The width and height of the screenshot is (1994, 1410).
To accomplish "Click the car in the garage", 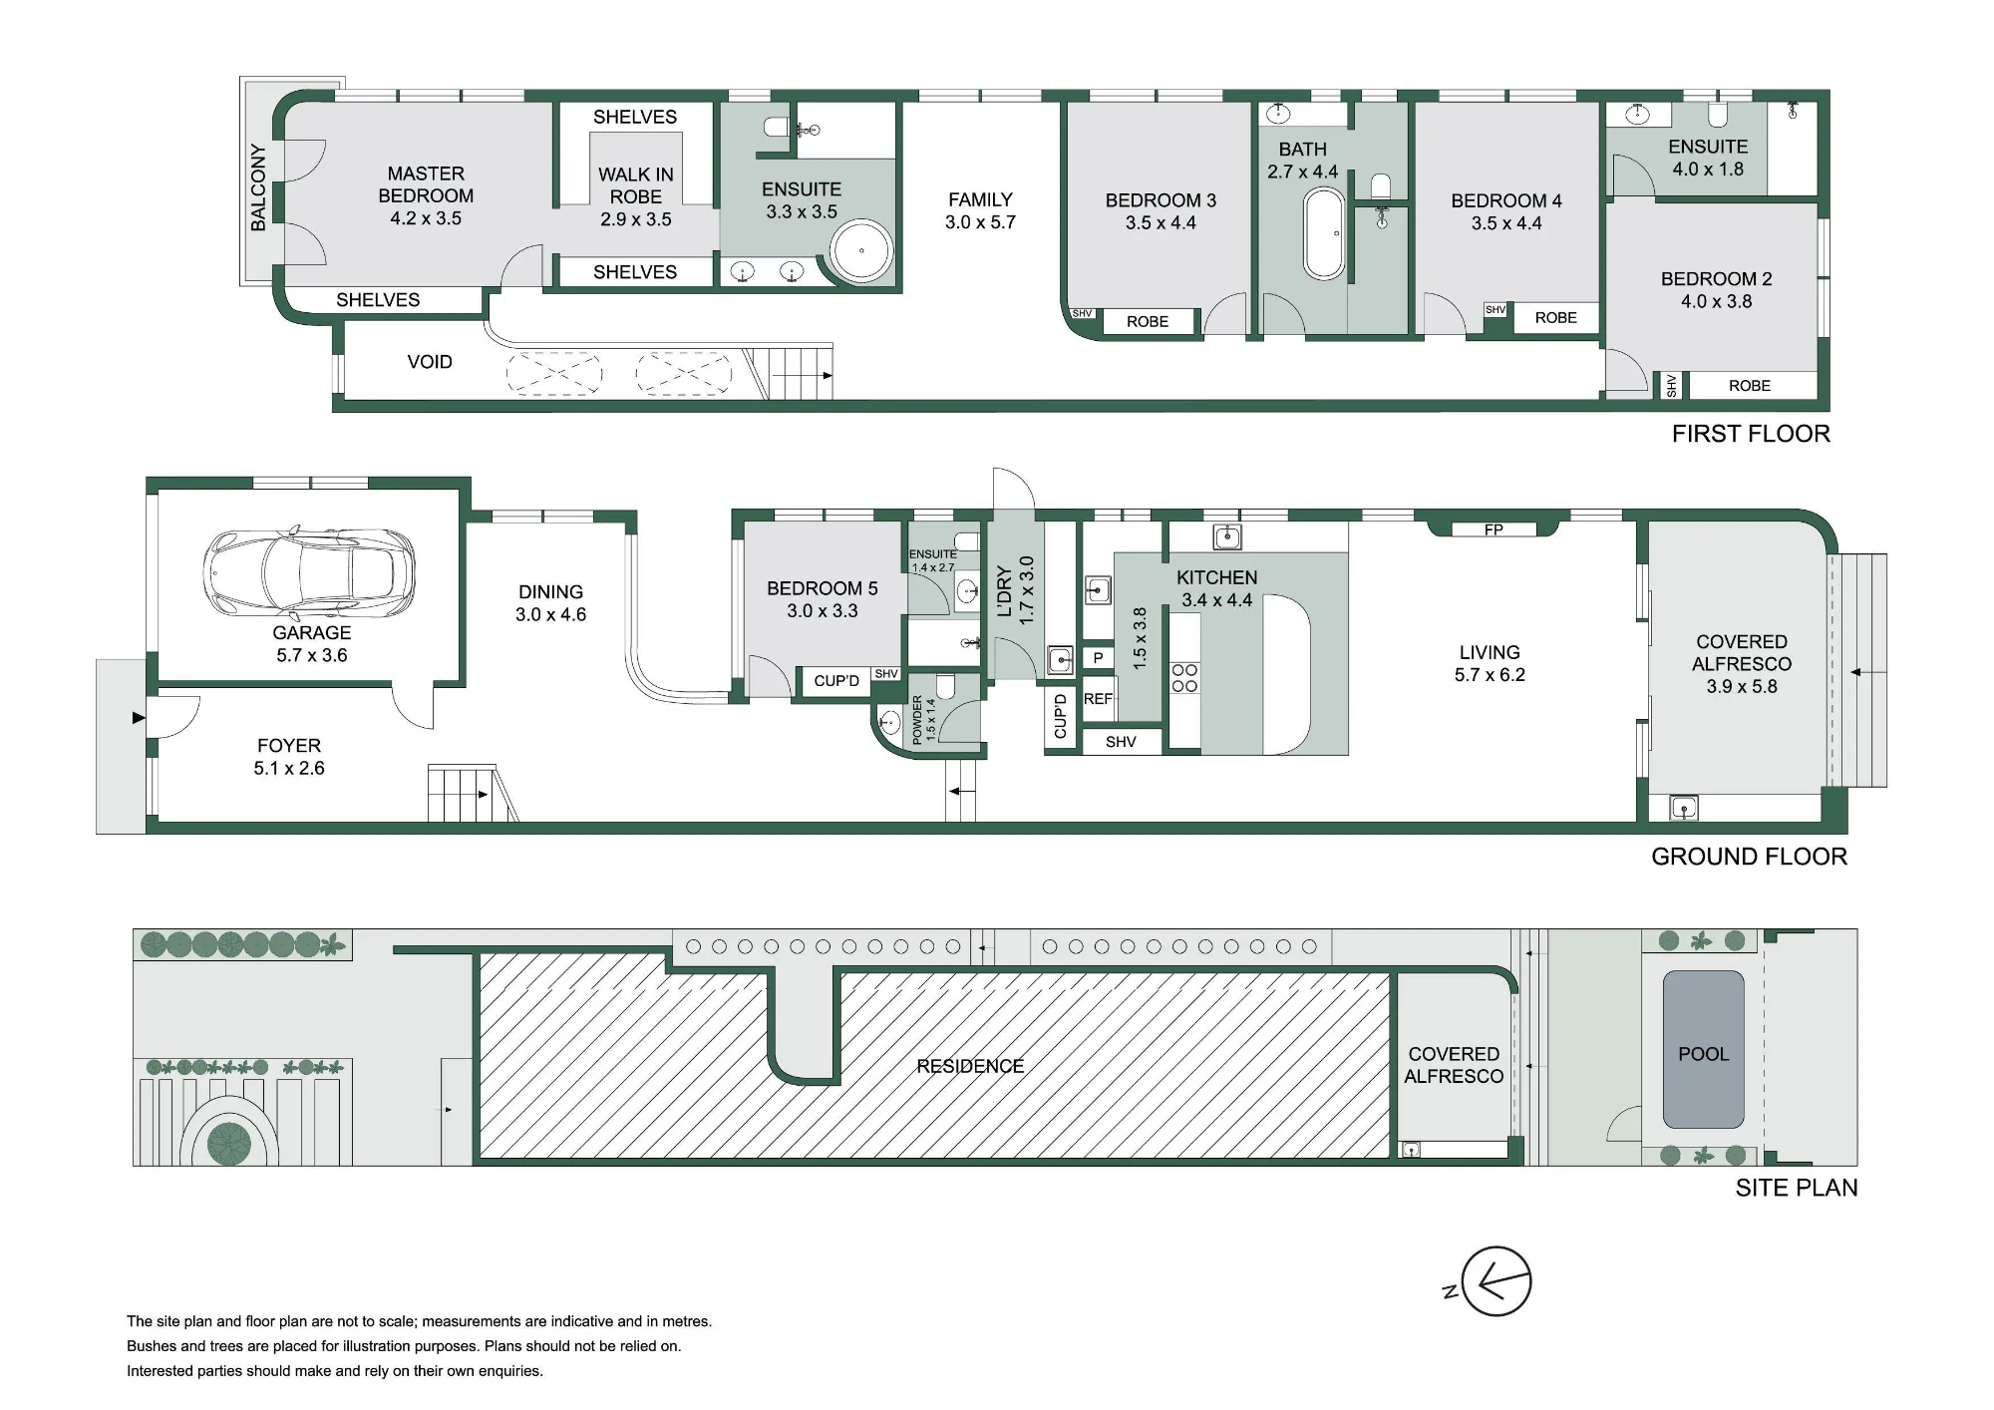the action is [310, 573].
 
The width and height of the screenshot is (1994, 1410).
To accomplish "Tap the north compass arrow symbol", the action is [1495, 1282].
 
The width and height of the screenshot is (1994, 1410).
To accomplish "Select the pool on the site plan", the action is [1703, 1050].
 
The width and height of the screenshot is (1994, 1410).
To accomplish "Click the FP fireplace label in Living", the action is [1494, 529].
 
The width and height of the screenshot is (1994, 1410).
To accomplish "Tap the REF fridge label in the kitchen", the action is [1098, 699].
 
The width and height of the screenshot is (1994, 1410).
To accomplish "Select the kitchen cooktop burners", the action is [1185, 678].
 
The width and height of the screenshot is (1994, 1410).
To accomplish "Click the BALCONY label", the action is [258, 187].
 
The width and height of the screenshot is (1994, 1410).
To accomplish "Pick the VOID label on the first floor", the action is [430, 362].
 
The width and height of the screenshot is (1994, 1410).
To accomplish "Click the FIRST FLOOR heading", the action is [1751, 434].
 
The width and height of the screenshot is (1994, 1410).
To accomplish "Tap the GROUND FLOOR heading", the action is [1749, 857].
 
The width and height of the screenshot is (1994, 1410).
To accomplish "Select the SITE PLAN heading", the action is [1797, 1188].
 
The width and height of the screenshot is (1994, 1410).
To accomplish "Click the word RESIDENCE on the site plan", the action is [970, 1066].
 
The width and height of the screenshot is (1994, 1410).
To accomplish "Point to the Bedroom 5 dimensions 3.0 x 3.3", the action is [823, 611].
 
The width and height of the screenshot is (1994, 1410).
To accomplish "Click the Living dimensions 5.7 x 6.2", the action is [1490, 675].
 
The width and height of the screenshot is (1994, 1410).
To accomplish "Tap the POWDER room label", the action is [918, 721].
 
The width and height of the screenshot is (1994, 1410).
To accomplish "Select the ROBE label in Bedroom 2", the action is [1750, 386].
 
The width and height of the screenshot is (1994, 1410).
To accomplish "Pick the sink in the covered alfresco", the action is [1683, 808].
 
